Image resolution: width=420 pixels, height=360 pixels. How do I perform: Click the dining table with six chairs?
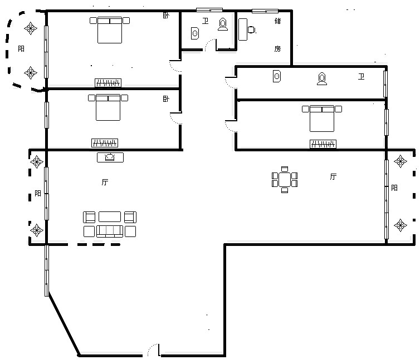click(285, 180)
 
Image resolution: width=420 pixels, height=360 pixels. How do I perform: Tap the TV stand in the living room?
click(110, 157)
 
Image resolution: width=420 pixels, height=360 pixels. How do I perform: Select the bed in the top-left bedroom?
click(110, 30)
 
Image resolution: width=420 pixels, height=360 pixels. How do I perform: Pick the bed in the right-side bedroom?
click(322, 119)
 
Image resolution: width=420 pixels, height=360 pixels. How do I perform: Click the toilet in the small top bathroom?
click(223, 24)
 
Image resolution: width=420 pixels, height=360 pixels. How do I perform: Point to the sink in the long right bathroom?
click(277, 76)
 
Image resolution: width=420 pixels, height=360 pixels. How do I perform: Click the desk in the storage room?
click(243, 29)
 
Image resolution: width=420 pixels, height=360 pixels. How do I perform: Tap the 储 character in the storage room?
click(278, 21)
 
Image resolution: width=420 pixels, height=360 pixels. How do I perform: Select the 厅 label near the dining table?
click(333, 176)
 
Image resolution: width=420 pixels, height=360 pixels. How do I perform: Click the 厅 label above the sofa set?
click(105, 183)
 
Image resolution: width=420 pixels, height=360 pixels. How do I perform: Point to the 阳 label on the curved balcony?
click(21, 49)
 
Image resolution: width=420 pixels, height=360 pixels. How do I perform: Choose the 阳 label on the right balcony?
click(394, 188)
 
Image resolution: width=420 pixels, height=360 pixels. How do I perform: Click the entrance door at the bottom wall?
click(154, 350)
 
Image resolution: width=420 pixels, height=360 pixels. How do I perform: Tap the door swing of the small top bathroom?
click(210, 45)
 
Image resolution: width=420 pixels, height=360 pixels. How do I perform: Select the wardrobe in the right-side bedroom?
click(323, 144)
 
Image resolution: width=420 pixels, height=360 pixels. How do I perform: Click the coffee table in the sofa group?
click(110, 217)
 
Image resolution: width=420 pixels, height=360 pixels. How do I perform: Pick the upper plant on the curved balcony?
click(31, 28)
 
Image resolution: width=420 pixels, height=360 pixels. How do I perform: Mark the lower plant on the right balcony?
click(401, 225)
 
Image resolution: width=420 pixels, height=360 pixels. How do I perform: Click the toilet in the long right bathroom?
click(322, 78)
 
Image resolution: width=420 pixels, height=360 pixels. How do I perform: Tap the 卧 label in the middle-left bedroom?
click(166, 99)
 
